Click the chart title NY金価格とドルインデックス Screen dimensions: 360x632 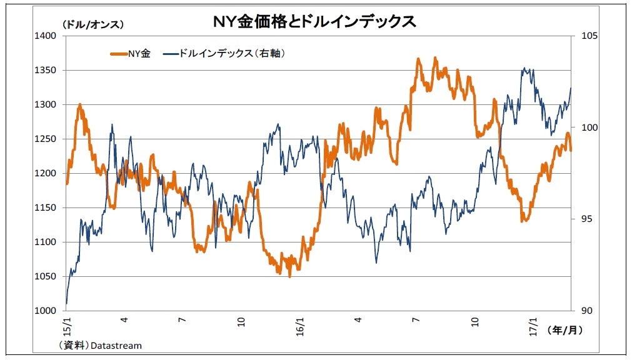[314, 22]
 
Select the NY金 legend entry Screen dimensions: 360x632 [131, 54]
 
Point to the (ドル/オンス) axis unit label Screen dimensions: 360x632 [93, 24]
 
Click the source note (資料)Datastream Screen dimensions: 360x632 [101, 345]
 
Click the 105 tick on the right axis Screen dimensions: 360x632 [588, 36]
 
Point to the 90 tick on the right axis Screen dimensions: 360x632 [586, 311]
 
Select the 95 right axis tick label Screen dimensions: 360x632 [586, 219]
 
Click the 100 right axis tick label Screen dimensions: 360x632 [588, 127]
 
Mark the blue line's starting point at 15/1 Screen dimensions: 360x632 [66, 304]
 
